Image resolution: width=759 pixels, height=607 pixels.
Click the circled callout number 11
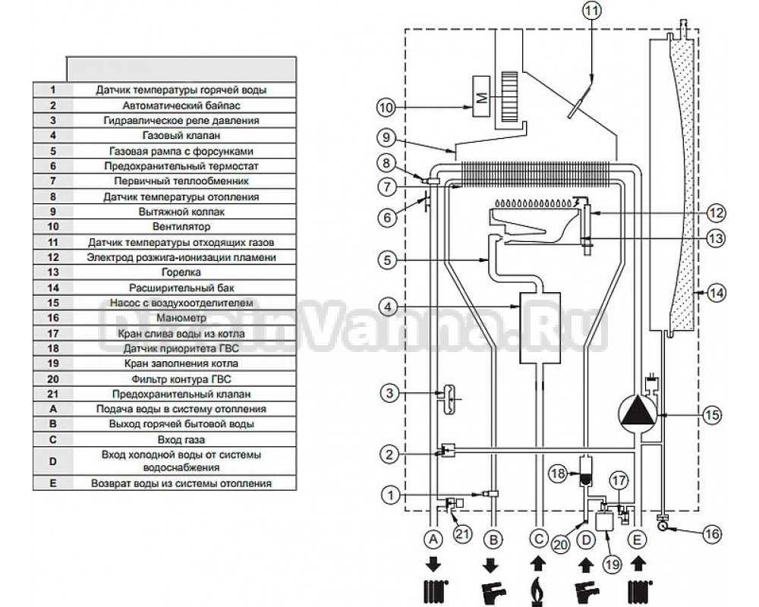tap(591, 10)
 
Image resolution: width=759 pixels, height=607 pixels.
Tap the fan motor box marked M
tap(482, 98)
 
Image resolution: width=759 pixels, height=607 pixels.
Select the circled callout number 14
tap(716, 293)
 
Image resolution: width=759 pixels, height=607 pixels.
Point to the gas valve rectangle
tap(540, 328)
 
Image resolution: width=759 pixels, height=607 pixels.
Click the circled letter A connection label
tap(433, 539)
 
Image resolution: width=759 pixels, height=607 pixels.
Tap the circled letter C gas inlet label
tap(538, 539)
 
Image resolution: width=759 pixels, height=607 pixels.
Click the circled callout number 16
tap(712, 534)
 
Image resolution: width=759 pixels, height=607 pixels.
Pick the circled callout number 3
tap(389, 392)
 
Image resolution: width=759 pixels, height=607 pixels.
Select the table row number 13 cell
tap(53, 272)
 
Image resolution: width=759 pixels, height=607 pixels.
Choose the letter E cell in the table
tap(53, 483)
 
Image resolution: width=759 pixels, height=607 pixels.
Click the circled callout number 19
tap(613, 565)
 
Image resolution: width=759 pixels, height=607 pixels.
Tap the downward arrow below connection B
tap(491, 565)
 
